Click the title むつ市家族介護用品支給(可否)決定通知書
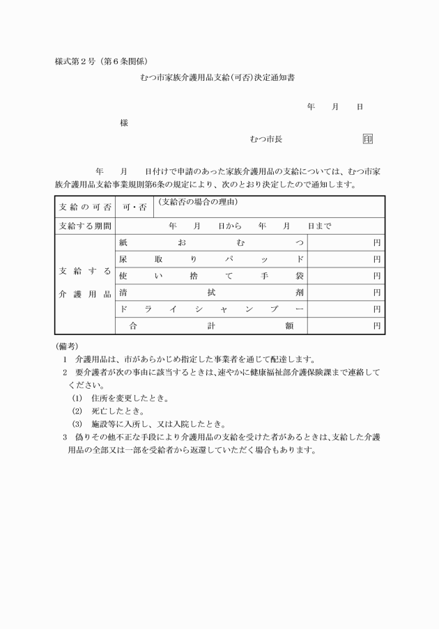click(217, 78)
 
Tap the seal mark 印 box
click(367, 139)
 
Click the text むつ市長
click(266, 139)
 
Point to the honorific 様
click(124, 123)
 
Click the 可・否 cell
click(134, 207)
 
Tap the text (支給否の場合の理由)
click(198, 202)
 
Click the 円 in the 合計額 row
click(376, 325)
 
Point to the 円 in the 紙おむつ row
click(376, 243)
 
